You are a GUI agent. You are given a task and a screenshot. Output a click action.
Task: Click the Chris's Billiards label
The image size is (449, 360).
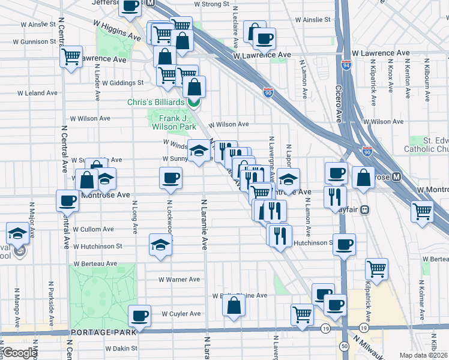coord(155,102)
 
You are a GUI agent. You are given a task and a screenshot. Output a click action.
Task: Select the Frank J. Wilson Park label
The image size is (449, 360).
coord(173,122)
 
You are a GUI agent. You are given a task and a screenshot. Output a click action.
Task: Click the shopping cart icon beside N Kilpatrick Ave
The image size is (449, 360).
coord(376,268)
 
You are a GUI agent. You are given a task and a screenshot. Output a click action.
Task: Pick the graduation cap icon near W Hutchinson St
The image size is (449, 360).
coord(160,244)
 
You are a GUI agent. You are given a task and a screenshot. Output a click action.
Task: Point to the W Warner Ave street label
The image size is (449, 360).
coord(179,280)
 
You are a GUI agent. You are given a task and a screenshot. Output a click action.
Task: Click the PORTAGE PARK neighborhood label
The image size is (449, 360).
coord(97,332)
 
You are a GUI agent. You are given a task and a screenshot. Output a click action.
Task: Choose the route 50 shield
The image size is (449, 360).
coord(344,346)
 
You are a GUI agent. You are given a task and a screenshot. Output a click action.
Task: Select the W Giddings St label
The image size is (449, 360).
coord(122,83)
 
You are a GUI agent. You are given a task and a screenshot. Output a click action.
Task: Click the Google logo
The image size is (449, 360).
coord(19,353)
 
